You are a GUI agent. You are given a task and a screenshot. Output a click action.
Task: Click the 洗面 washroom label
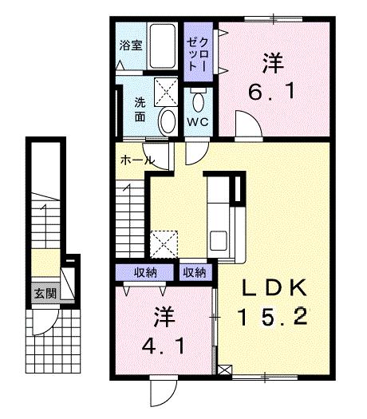(x=140, y=109)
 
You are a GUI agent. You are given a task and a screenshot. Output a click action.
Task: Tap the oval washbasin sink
(x=168, y=121)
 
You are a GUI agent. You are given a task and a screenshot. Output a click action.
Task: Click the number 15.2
(x=271, y=317)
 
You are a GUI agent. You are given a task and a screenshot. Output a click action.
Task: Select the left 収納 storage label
(x=145, y=273)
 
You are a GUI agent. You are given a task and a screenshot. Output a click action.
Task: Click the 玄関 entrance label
(x=45, y=293)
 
